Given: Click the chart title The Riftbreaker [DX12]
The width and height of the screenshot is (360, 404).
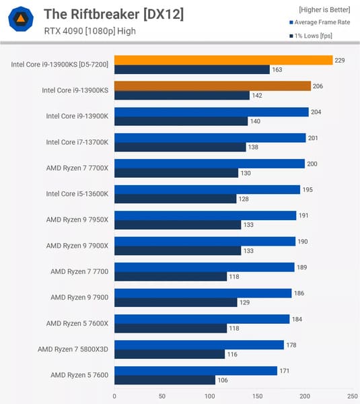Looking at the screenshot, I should (113, 13).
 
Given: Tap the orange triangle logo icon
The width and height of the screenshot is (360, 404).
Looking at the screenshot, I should (22, 20).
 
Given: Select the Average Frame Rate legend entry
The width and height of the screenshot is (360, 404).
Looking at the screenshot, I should (318, 22).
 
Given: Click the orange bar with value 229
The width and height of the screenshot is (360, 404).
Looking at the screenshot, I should (223, 60).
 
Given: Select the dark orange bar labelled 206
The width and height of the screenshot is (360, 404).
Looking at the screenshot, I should (213, 86).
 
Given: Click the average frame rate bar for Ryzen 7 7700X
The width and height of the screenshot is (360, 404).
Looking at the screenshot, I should (209, 164).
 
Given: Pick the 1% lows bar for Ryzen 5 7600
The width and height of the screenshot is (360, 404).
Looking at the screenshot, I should (165, 380).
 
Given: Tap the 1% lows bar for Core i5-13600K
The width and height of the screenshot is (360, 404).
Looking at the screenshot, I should (175, 199).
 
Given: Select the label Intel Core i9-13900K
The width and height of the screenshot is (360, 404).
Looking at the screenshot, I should (77, 116).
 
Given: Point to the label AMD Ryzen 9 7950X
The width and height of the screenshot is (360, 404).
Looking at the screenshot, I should (77, 220).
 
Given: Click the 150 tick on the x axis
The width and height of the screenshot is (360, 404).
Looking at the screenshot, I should (257, 396).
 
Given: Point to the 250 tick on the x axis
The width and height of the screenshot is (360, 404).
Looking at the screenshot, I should (352, 396).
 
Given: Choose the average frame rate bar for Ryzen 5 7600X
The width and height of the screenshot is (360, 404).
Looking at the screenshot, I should (202, 318).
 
